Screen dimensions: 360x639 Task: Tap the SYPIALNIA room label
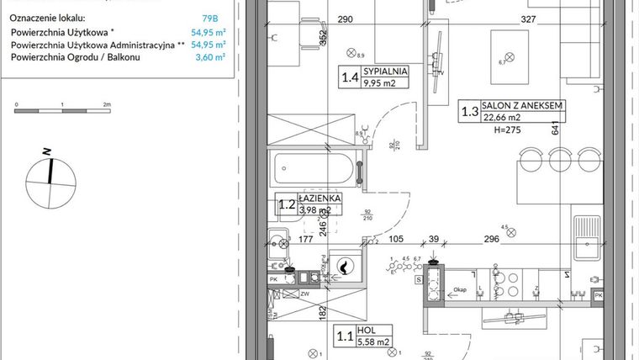click(387, 71)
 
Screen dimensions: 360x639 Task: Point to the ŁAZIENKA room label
click(319, 198)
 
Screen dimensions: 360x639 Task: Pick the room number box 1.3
click(469, 111)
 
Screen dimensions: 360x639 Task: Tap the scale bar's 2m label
click(107, 104)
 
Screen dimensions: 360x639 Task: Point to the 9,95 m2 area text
click(386, 84)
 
